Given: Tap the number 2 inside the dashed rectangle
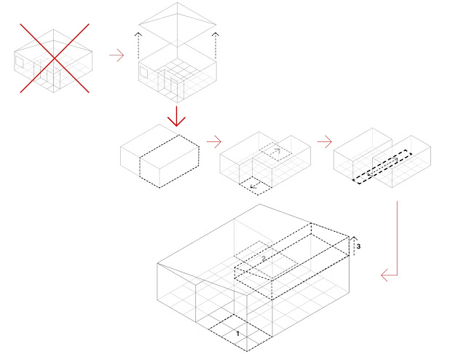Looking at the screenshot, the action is (x=264, y=258).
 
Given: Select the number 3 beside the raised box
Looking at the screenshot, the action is (x=358, y=247).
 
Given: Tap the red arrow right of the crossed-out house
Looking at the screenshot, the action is (x=115, y=56).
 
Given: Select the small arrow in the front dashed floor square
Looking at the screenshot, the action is (x=254, y=187).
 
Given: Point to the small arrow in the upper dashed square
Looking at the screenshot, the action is (x=276, y=151).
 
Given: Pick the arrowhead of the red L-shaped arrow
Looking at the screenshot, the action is (x=383, y=275).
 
